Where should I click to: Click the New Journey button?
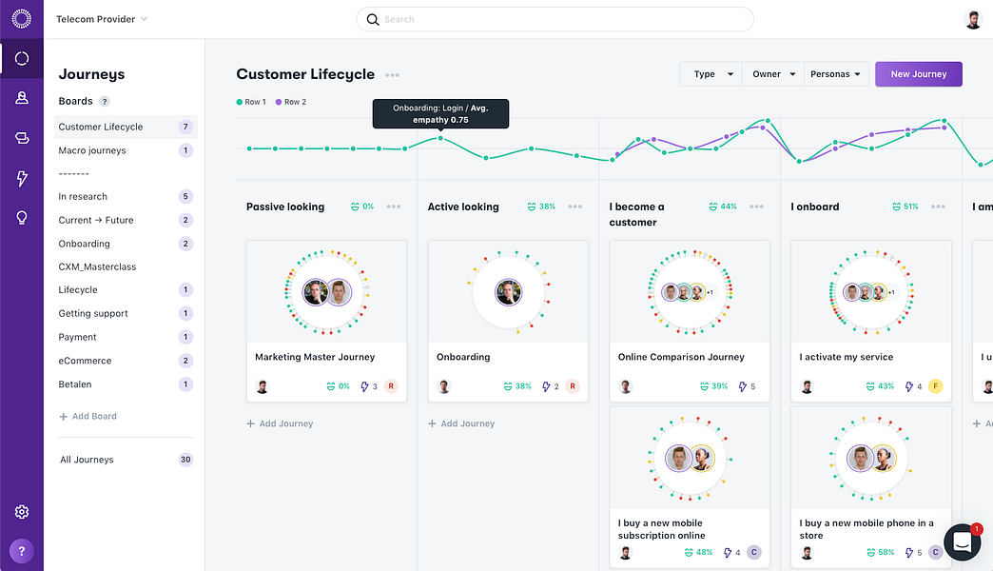click(918, 74)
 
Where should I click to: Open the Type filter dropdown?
click(711, 74)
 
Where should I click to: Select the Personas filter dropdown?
click(836, 74)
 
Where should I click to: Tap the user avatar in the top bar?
click(973, 19)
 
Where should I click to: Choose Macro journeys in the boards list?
click(92, 150)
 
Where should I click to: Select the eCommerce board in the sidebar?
click(85, 361)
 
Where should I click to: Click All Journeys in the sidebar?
click(87, 460)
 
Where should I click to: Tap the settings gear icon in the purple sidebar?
click(22, 512)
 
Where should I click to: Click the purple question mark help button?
click(22, 550)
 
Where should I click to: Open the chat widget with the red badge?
click(962, 541)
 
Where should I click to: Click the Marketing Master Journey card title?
click(315, 357)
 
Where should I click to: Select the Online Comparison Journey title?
click(681, 357)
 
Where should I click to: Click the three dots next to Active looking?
click(574, 207)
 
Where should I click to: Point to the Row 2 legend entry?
click(291, 102)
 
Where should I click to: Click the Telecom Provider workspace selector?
click(102, 19)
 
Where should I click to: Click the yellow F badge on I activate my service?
click(935, 386)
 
